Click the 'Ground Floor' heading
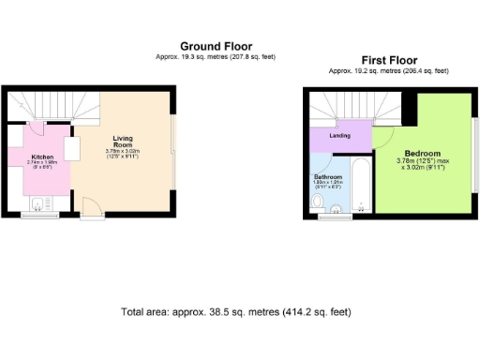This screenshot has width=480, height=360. (216, 45)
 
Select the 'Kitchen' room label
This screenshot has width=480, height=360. (43, 157)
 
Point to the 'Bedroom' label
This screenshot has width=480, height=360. (422, 154)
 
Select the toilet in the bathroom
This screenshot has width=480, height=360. (315, 200)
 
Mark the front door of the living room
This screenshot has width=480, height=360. (91, 209)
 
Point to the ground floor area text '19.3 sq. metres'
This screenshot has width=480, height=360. (194, 56)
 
